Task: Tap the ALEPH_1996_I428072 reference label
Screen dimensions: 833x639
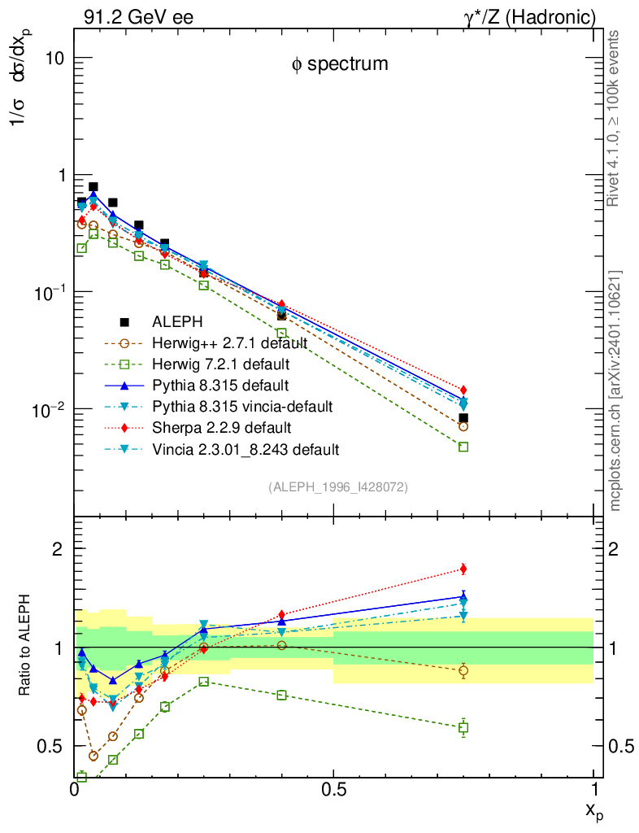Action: pos(337,487)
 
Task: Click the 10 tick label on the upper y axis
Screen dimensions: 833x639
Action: pos(53,59)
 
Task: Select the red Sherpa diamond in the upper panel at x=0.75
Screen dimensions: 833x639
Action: pos(463,390)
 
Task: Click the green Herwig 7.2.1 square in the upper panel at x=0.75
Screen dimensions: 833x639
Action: pos(463,447)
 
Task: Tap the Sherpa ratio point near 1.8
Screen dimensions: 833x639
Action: pos(463,569)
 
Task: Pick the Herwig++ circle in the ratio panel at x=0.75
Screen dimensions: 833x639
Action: pos(463,670)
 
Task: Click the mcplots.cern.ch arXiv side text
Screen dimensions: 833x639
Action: pos(615,390)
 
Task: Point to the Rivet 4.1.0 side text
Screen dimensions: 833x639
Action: pos(615,119)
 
